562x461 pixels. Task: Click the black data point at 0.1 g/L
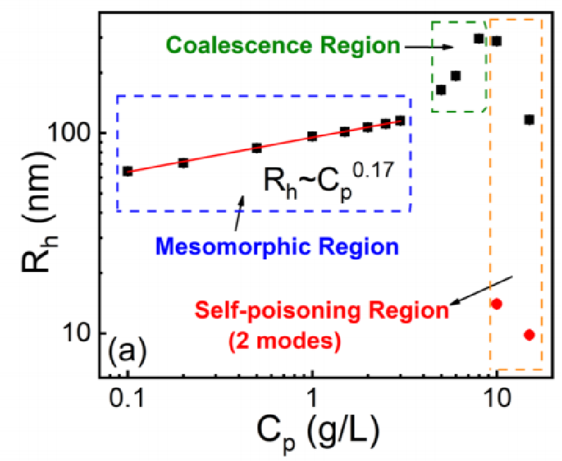click(128, 171)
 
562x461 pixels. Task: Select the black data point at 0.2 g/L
click(183, 162)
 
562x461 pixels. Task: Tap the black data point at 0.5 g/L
click(256, 148)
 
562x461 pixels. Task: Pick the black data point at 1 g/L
click(312, 136)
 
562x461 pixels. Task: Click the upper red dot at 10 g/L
click(496, 304)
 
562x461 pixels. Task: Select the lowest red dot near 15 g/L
click(529, 335)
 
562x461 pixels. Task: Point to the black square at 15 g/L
click(529, 120)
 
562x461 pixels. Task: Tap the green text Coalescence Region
click(282, 46)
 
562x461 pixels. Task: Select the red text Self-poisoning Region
click(320, 311)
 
